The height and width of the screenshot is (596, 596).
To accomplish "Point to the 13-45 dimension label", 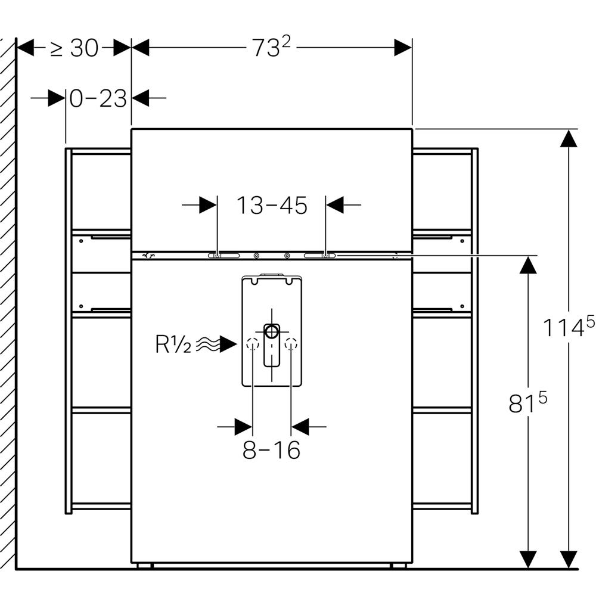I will coord(272,206).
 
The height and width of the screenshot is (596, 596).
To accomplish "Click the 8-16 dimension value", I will coord(271,451).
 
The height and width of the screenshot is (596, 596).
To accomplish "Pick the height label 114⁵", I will coord(568,327).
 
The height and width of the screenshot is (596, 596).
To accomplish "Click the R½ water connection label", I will coord(173,344).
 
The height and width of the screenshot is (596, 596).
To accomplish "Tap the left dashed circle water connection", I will coord(253,344).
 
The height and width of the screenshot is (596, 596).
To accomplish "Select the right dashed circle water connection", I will coord(291,344).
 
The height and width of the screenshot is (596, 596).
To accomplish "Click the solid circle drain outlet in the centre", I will coord(272,331).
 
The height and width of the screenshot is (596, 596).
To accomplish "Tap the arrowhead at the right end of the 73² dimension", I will coord(403,48).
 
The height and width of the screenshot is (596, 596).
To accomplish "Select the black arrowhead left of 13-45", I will coord(208,206).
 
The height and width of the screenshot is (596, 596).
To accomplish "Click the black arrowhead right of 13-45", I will coord(335,206).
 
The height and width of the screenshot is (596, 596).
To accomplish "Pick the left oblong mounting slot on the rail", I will coord(223,256).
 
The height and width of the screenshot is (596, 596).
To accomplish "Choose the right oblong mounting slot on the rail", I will coord(320,256).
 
